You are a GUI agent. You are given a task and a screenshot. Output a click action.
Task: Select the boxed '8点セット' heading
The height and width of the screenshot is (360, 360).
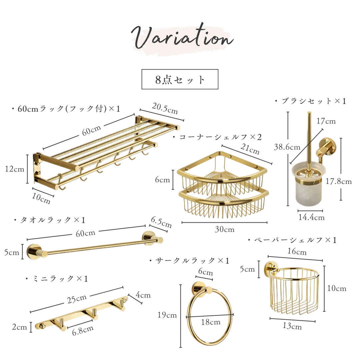[180, 79]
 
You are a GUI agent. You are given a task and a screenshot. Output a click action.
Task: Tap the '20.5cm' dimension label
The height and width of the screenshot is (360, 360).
[165, 108]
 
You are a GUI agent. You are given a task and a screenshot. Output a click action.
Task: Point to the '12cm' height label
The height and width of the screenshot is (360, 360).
[14, 169]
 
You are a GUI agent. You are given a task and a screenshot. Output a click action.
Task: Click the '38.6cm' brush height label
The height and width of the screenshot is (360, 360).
[287, 147]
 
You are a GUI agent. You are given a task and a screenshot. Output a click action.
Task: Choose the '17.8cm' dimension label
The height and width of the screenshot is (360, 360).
[339, 181]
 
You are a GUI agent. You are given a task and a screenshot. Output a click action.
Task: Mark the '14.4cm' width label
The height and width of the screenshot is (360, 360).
[311, 217]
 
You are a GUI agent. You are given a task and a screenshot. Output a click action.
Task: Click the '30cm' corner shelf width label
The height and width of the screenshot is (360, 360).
[225, 229]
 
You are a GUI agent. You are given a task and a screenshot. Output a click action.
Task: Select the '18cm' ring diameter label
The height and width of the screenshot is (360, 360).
[211, 322]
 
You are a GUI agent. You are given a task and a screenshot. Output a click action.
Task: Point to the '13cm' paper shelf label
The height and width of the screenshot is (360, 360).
[292, 326]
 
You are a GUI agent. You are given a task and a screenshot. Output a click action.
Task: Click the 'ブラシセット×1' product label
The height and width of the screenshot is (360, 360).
[310, 101]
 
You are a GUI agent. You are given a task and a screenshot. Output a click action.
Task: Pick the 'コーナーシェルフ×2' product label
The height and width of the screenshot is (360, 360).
[217, 137]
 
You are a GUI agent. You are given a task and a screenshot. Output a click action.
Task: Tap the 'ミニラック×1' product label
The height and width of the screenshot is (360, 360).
[57, 279]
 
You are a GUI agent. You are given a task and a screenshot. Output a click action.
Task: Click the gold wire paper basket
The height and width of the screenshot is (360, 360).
[294, 290]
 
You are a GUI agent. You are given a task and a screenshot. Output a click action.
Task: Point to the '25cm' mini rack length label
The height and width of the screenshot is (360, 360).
[77, 299]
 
